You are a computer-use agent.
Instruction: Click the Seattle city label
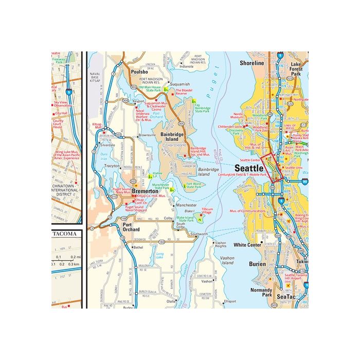tap(249, 168)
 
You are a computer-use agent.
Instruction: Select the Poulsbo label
tap(139, 71)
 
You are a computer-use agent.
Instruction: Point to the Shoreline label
tap(251, 63)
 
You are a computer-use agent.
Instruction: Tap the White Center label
tap(248, 245)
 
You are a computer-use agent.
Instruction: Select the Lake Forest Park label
tap(295, 69)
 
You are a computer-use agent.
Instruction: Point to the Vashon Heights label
tap(221, 244)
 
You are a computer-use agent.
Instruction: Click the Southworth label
tap(199, 233)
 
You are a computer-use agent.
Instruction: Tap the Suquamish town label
tap(180, 84)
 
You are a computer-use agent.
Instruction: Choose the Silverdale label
tap(107, 146)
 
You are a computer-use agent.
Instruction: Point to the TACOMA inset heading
tap(67, 233)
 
